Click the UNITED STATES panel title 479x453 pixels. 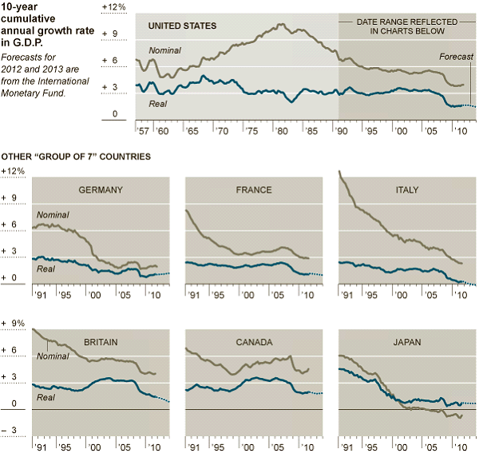pos(183,26)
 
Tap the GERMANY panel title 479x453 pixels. pos(101,190)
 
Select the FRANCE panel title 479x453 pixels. pos(254,190)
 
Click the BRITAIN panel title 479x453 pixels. pos(101,342)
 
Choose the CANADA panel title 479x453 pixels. pos(254,342)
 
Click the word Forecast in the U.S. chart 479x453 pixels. pos(457,58)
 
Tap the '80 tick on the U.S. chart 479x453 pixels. pos(282,130)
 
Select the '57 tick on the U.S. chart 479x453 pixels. pos(144,130)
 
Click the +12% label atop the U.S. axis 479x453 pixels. pos(114,6)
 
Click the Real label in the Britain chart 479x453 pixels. pos(46,397)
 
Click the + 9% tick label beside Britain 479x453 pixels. pos(14,324)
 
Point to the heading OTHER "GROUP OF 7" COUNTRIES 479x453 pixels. pos(77,157)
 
